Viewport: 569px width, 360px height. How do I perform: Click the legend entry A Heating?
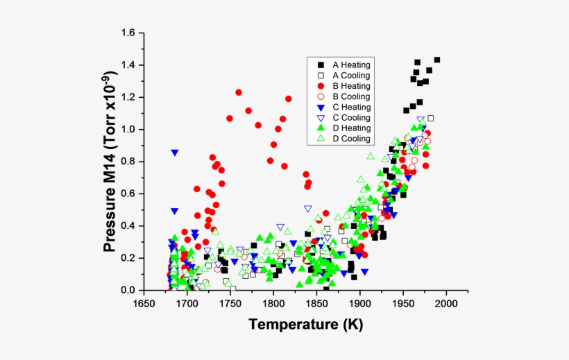click(x=350, y=64)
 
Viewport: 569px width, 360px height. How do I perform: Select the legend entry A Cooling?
click(x=350, y=75)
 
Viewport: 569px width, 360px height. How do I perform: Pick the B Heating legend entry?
click(x=350, y=85)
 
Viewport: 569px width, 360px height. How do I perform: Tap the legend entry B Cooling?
click(x=350, y=96)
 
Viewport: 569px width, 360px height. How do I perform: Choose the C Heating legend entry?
click(x=350, y=107)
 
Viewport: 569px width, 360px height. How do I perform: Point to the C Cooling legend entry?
click(x=350, y=117)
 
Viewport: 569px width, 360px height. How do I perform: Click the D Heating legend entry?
click(x=350, y=128)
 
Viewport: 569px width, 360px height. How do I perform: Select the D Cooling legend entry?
click(x=350, y=139)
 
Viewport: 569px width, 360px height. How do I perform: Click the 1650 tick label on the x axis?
click(x=144, y=304)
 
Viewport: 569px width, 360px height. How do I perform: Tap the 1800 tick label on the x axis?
click(x=273, y=304)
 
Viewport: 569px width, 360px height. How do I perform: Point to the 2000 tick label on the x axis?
click(x=446, y=304)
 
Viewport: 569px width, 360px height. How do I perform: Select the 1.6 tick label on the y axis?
click(x=127, y=33)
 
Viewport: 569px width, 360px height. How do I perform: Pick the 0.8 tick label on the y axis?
click(x=127, y=162)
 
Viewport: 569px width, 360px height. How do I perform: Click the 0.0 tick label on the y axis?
click(x=127, y=290)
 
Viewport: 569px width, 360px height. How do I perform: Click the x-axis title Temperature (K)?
click(x=305, y=324)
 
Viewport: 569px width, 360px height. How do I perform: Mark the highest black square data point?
click(x=436, y=60)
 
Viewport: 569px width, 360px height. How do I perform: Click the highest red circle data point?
click(x=239, y=92)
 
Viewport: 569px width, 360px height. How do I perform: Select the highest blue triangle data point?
click(x=175, y=153)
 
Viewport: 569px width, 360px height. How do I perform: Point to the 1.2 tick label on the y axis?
click(x=127, y=98)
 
